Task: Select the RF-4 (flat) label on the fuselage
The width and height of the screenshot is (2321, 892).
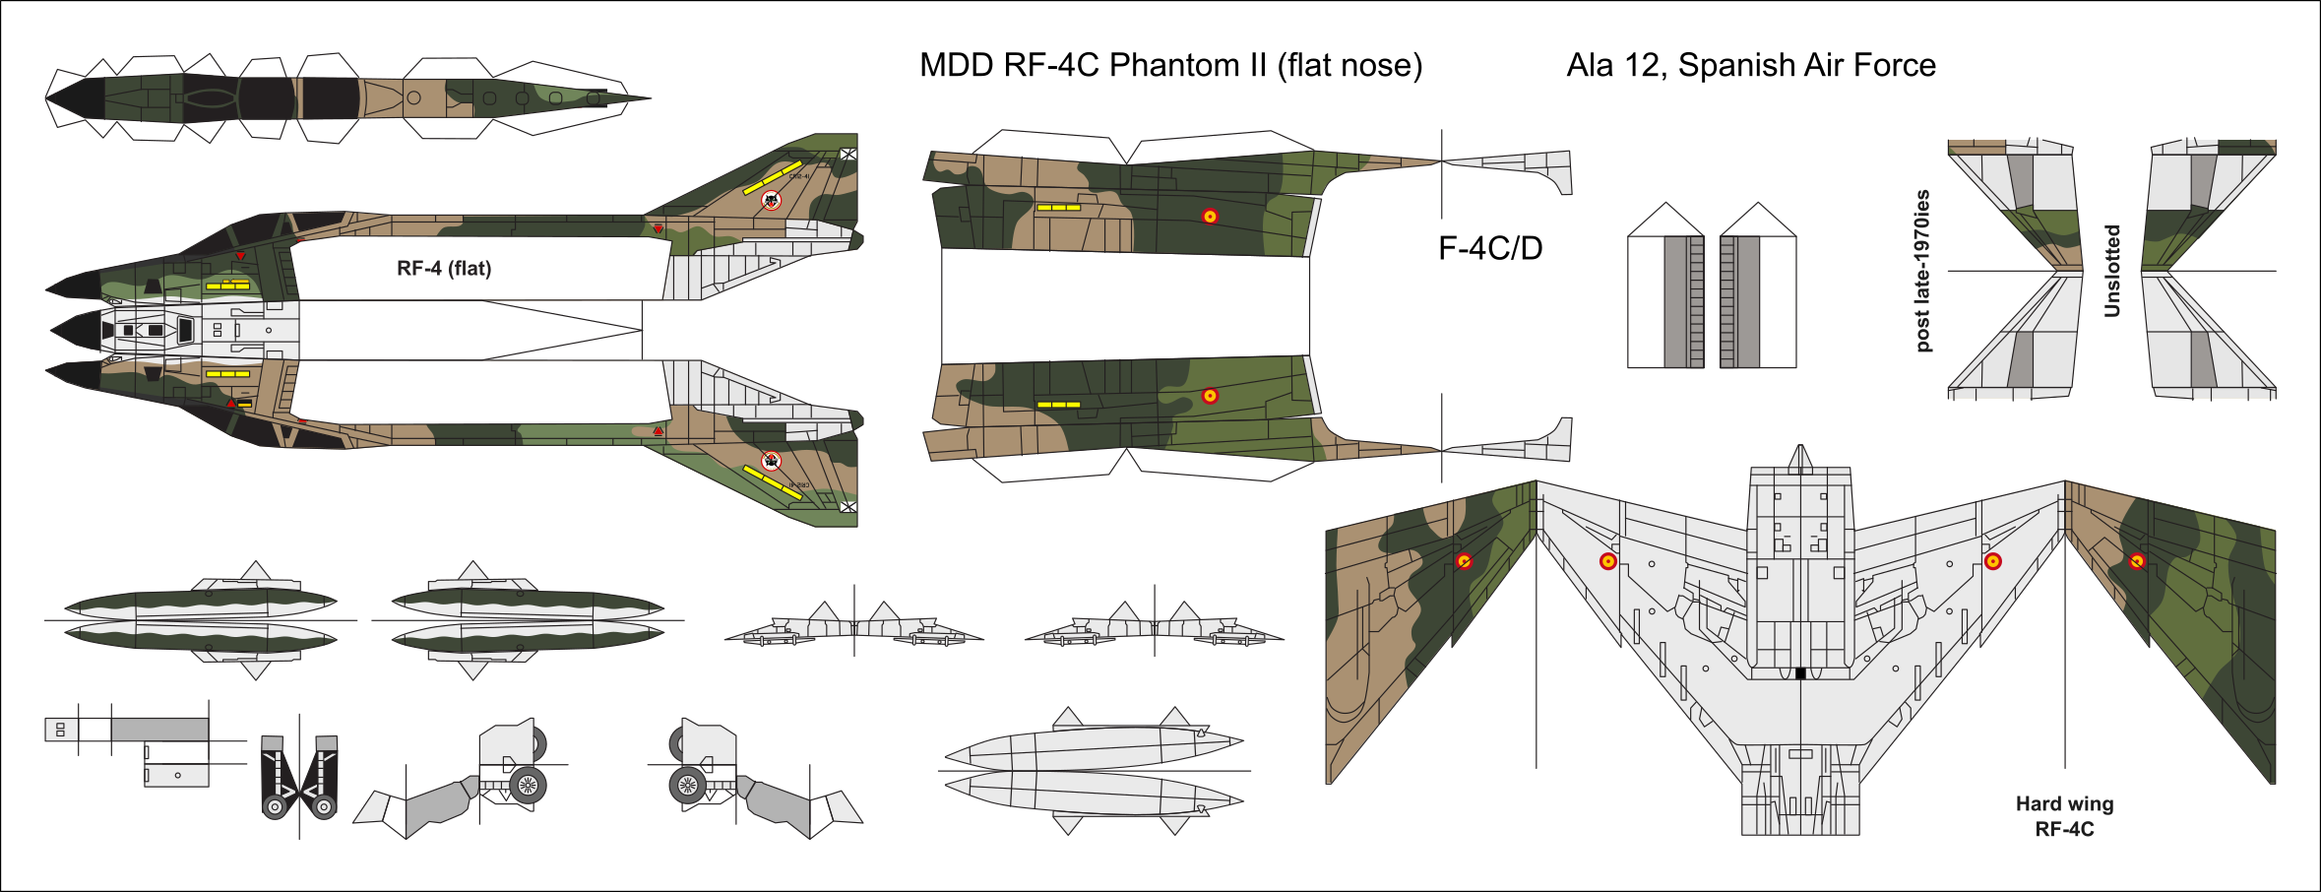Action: pyautogui.click(x=444, y=269)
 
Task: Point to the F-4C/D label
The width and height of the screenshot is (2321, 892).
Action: pyautogui.click(x=1490, y=248)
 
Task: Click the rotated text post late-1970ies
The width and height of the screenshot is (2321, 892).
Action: pyautogui.click(x=1922, y=271)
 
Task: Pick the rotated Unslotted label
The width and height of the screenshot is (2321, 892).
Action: pyautogui.click(x=2111, y=271)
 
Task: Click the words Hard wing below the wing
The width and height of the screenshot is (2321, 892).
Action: pyautogui.click(x=2064, y=803)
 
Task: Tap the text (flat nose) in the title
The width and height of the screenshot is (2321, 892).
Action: pyautogui.click(x=1349, y=65)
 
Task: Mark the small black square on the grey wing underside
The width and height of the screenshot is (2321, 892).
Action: pyautogui.click(x=1800, y=673)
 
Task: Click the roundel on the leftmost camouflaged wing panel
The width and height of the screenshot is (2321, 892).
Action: pyautogui.click(x=1465, y=561)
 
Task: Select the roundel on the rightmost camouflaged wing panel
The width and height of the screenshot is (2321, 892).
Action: pyautogui.click(x=2137, y=561)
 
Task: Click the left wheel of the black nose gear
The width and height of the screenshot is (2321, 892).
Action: pyautogui.click(x=275, y=807)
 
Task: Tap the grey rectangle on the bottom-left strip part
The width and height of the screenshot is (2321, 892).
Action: pyautogui.click(x=159, y=730)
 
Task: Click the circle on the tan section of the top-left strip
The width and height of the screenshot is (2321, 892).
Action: pyautogui.click(x=414, y=97)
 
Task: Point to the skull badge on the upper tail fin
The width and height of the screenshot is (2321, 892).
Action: pyautogui.click(x=772, y=200)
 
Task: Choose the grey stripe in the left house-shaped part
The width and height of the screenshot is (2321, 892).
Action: pyautogui.click(x=1675, y=301)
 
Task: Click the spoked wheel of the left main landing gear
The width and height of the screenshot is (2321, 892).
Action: pyautogui.click(x=528, y=785)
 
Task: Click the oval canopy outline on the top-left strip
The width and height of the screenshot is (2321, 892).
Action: pyautogui.click(x=209, y=97)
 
